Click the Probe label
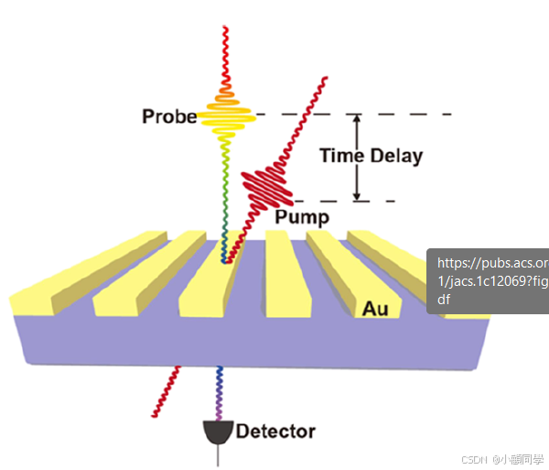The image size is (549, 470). (x=169, y=116)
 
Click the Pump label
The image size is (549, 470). (x=301, y=217)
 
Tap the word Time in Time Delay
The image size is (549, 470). (x=342, y=156)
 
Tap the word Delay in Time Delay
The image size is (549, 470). (x=396, y=156)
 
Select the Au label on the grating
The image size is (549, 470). (x=375, y=309)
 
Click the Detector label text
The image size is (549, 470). (x=275, y=432)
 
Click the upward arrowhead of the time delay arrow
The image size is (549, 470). (x=358, y=120)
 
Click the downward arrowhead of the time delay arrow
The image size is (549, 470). (x=358, y=194)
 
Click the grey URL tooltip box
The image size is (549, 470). (x=488, y=280)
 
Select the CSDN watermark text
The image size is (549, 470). (x=501, y=459)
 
